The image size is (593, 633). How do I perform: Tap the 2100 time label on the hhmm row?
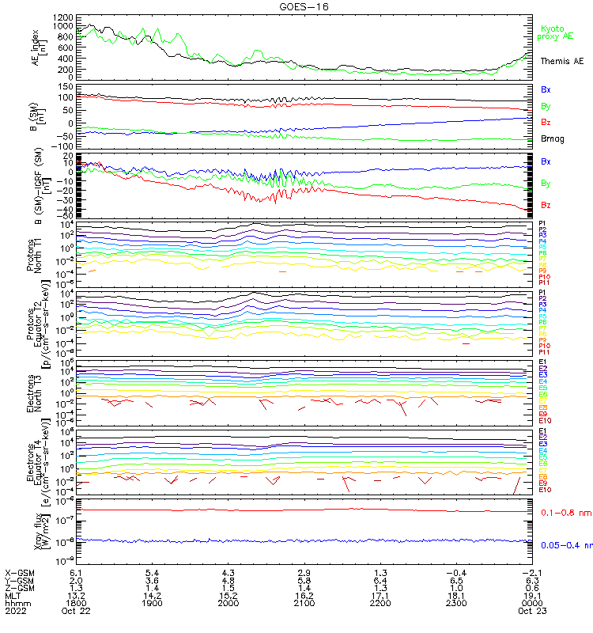click(x=304, y=603)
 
